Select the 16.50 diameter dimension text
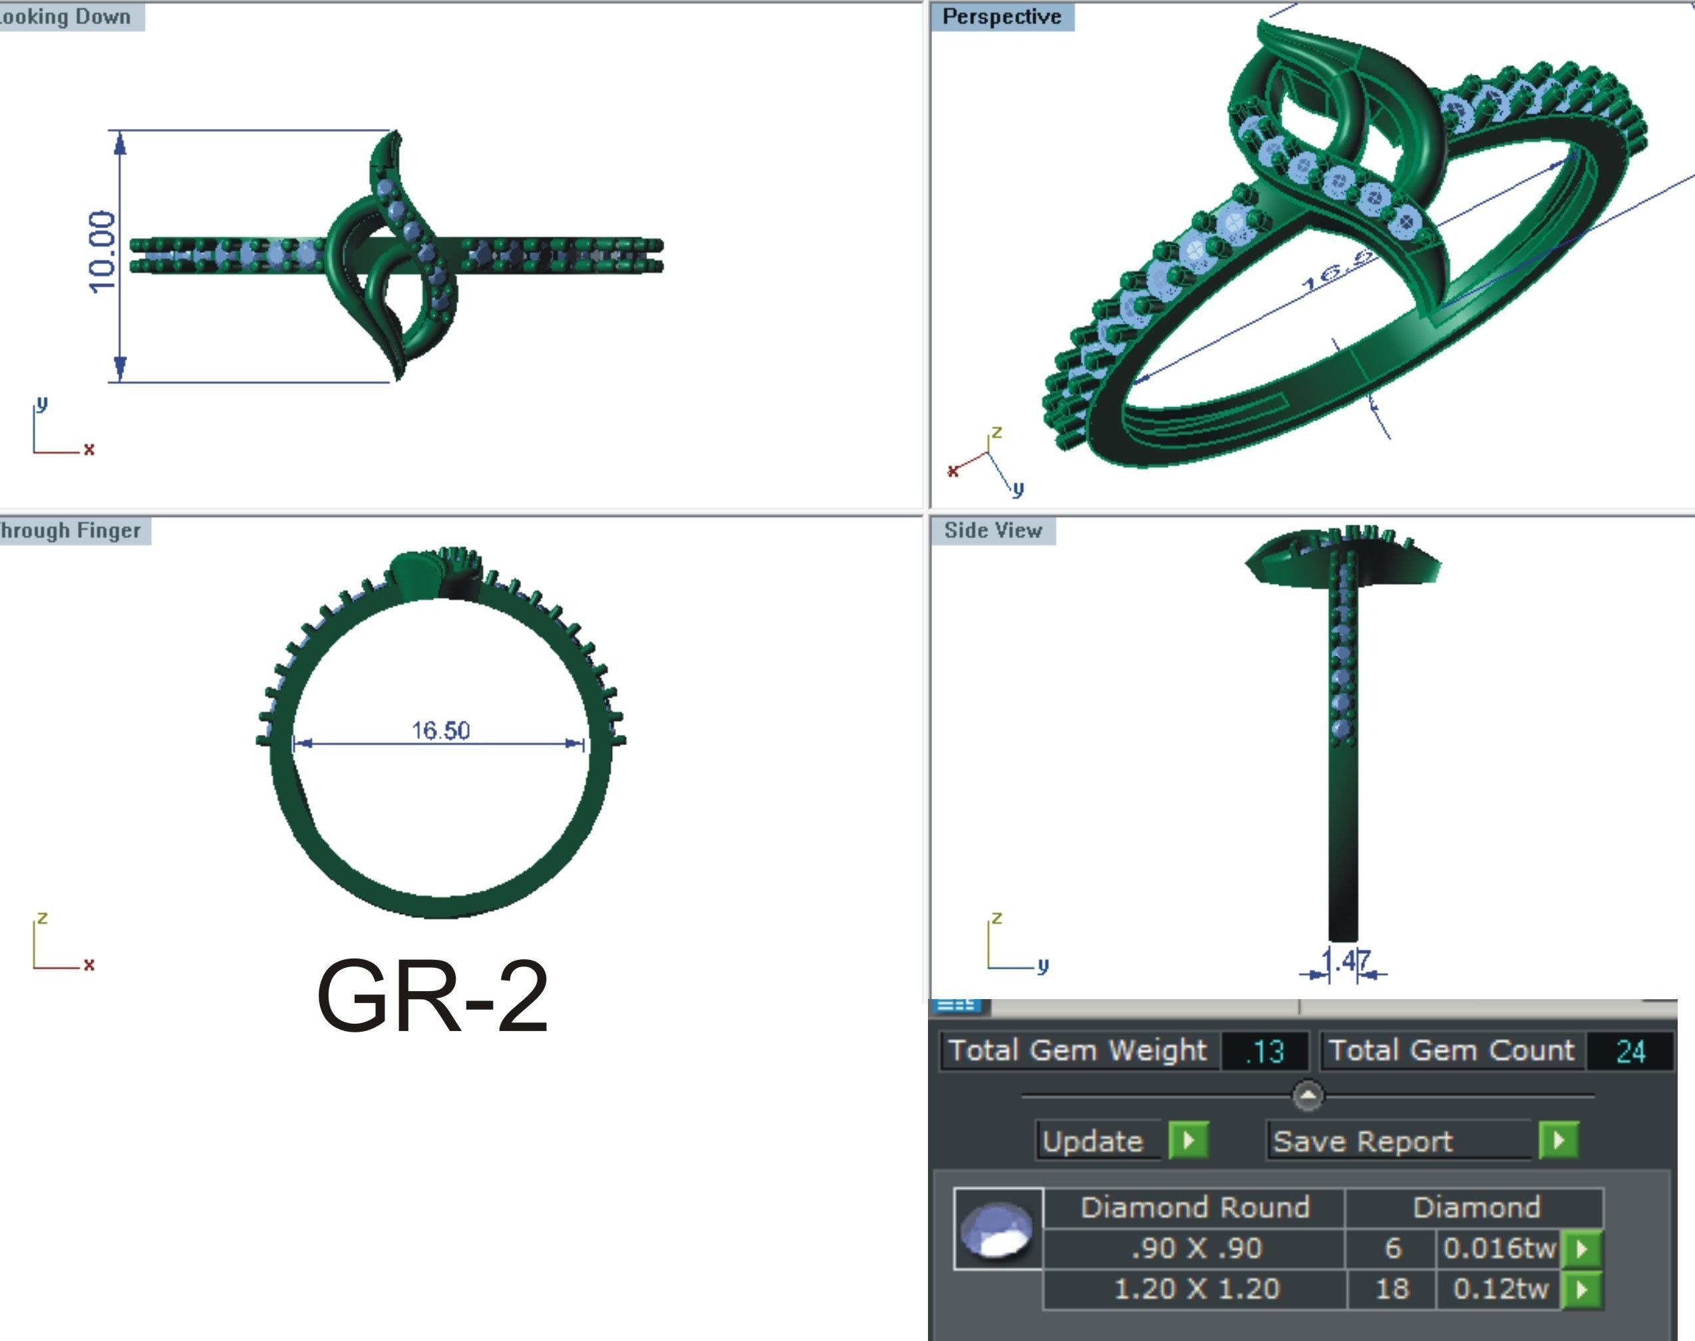(440, 731)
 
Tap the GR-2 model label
(432, 997)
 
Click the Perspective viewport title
(1002, 17)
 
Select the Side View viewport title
(993, 531)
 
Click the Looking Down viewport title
(66, 17)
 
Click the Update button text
(1093, 1141)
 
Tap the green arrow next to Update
(1188, 1140)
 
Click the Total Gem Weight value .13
(1265, 1051)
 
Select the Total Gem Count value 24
(1630, 1051)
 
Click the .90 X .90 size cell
(1195, 1249)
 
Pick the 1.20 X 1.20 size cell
(1195, 1289)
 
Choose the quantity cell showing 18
(1391, 1289)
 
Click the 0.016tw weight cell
(1499, 1249)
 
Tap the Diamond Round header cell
(1195, 1207)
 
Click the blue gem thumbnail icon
(998, 1229)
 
